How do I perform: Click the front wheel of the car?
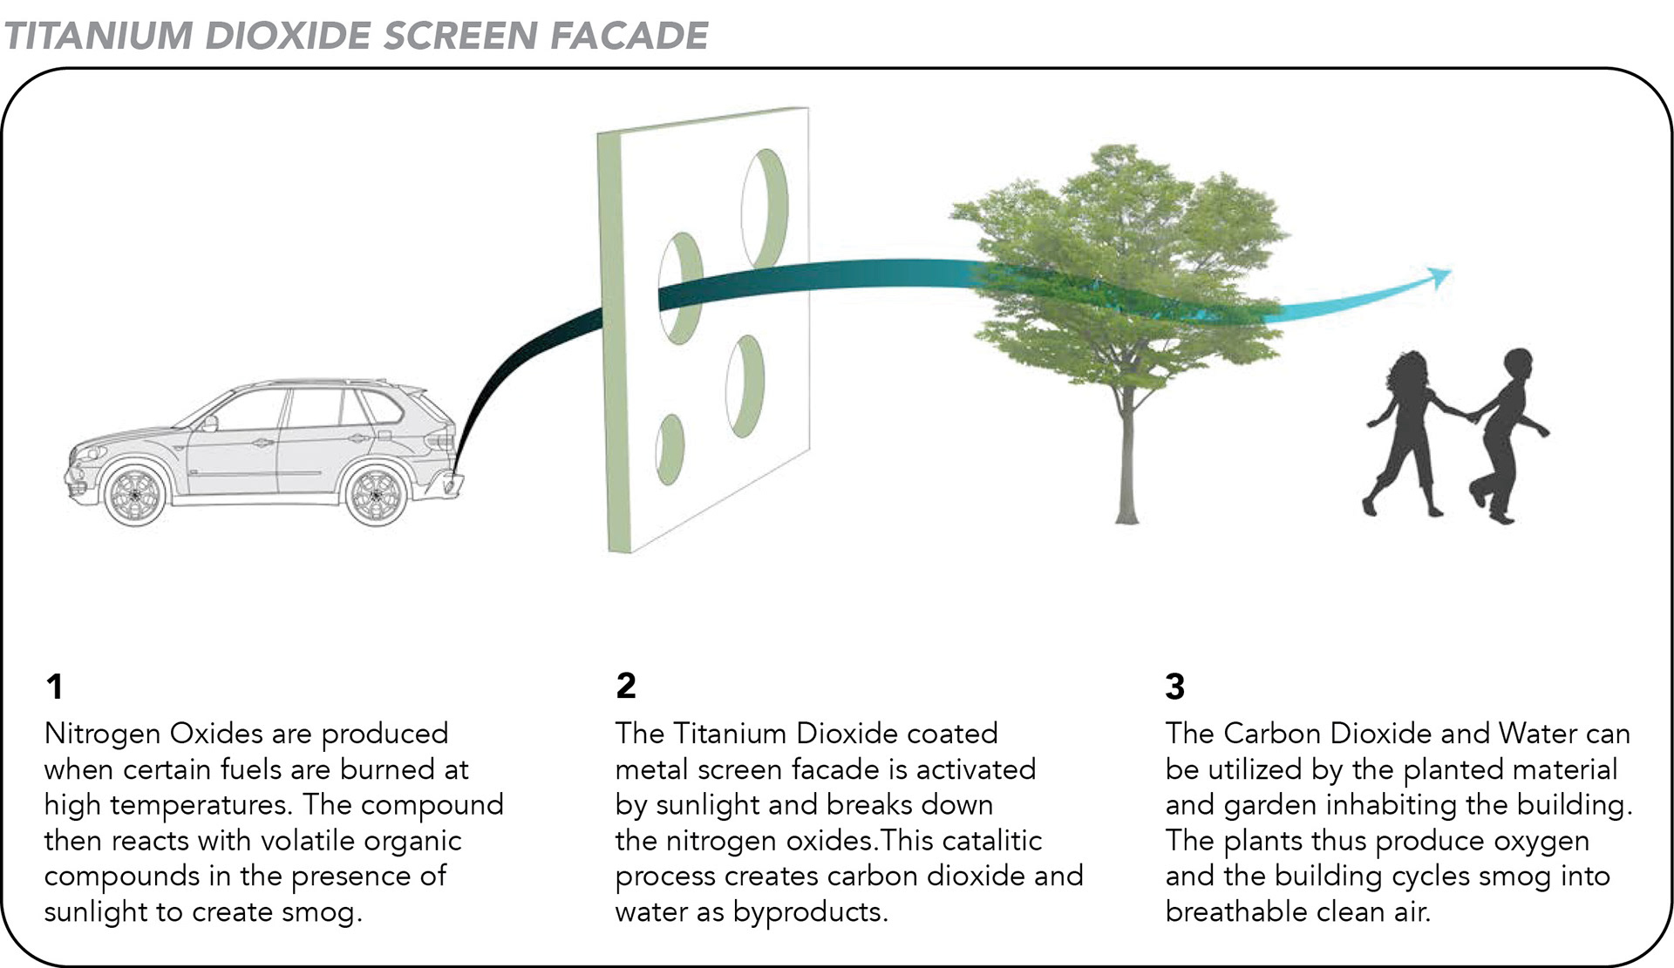tap(133, 494)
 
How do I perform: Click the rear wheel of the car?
tap(377, 494)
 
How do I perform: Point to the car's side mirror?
tap(209, 423)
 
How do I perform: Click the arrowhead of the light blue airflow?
tap(1440, 277)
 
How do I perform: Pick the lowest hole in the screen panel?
tap(670, 450)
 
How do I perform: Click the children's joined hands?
tap(1470, 416)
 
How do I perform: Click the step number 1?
tap(54, 687)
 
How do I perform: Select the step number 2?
tap(625, 686)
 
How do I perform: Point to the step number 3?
tap(1174, 687)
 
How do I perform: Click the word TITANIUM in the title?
tap(98, 36)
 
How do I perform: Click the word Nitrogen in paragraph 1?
tap(101, 734)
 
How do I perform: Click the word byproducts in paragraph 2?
tap(809, 912)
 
